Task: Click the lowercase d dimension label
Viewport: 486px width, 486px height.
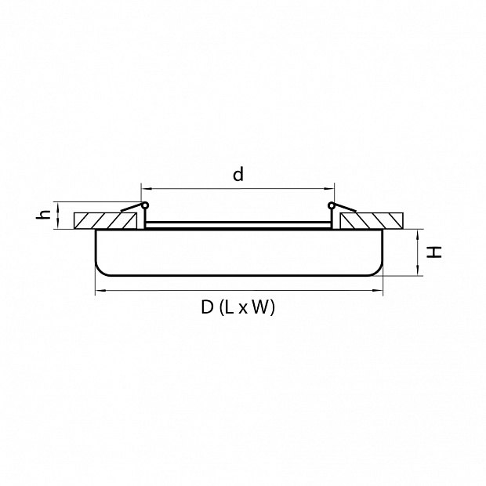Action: (238, 174)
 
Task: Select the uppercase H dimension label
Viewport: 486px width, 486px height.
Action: (434, 252)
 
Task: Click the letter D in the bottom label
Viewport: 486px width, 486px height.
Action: (208, 307)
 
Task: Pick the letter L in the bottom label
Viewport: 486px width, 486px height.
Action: (230, 307)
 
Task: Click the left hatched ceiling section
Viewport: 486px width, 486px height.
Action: (105, 221)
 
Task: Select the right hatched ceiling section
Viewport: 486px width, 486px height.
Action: (372, 221)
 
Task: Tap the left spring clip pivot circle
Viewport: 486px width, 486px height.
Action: (145, 205)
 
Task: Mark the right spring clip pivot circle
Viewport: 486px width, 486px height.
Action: (332, 205)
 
